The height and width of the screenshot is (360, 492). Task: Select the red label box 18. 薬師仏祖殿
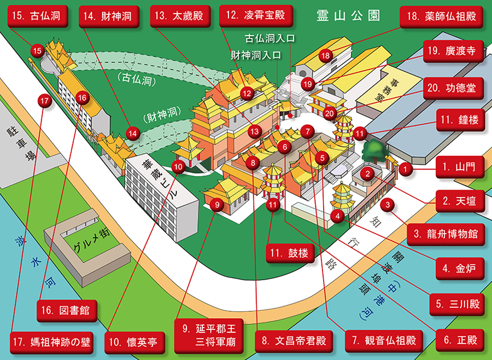point(442,16)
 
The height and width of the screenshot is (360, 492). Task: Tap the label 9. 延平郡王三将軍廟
point(209,335)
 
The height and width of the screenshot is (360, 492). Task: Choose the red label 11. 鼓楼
point(290,253)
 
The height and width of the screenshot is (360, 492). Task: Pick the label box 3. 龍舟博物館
point(446,234)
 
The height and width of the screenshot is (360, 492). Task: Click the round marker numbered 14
point(133,133)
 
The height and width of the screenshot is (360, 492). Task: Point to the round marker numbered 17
point(44,101)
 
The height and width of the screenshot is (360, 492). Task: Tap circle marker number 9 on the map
point(217,205)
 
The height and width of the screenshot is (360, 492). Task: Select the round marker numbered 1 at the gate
point(406,169)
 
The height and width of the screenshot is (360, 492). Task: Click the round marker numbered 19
point(308,84)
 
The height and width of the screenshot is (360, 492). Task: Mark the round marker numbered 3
point(388,205)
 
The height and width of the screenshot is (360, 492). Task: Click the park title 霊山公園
point(348,15)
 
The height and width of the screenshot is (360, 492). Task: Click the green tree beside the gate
point(373,152)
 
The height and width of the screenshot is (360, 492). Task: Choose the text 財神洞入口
point(256,55)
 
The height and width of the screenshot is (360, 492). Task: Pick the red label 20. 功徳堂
point(452,88)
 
